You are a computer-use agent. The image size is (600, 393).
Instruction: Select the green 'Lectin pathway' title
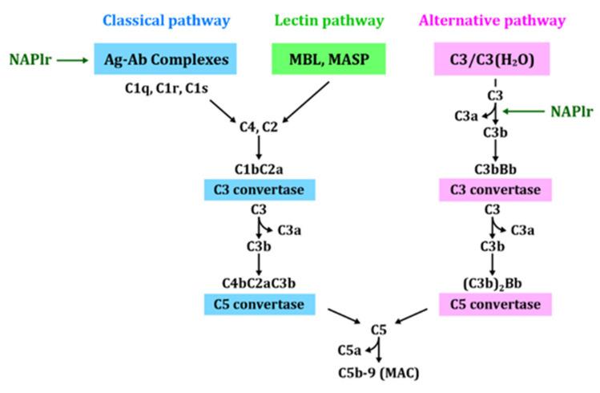tap(329, 19)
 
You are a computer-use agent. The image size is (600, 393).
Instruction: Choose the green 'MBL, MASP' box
tap(329, 59)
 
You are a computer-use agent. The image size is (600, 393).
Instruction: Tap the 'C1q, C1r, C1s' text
tap(153, 87)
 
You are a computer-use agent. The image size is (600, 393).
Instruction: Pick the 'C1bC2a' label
tap(259, 169)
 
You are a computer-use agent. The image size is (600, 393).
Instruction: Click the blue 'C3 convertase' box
tap(259, 189)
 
